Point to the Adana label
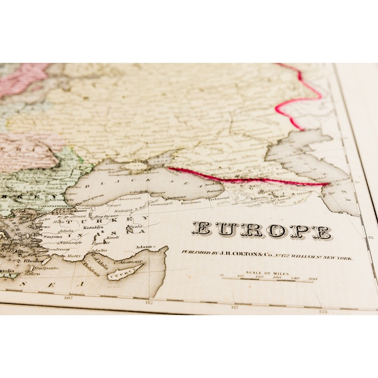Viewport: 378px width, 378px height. [x=144, y=247]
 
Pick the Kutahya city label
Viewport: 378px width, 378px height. [x=92, y=227]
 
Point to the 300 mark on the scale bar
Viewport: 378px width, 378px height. [x=312, y=279]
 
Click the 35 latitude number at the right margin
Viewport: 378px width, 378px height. [x=370, y=238]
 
